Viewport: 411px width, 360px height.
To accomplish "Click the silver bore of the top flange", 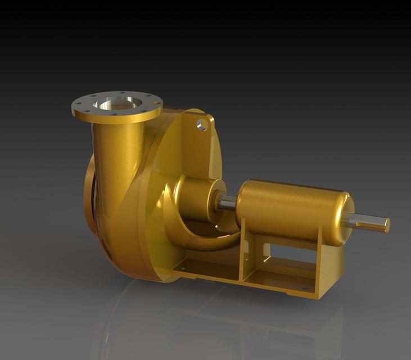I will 118,103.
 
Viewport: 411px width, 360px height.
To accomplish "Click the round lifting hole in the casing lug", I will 202,124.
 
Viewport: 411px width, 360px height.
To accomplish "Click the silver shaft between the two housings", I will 227,203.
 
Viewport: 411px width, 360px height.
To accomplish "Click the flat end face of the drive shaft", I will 387,225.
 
